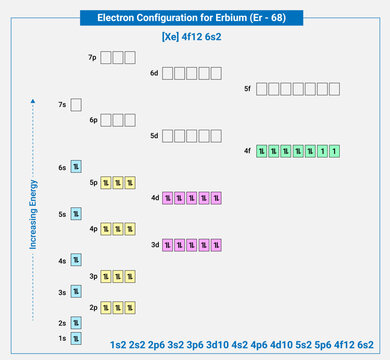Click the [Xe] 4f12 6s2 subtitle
coord(195,37)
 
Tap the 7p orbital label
coord(93,57)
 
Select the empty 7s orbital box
coord(76,104)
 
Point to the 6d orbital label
coord(154,73)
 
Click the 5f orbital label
coord(247,89)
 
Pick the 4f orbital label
coord(247,151)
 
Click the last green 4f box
coord(333,151)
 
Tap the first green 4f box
coord(263,151)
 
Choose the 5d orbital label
coord(154,135)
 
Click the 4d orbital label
coord(154,197)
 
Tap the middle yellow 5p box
coord(117,182)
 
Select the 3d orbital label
coord(154,244)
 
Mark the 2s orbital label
coord(62,323)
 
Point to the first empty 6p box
coord(106,120)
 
